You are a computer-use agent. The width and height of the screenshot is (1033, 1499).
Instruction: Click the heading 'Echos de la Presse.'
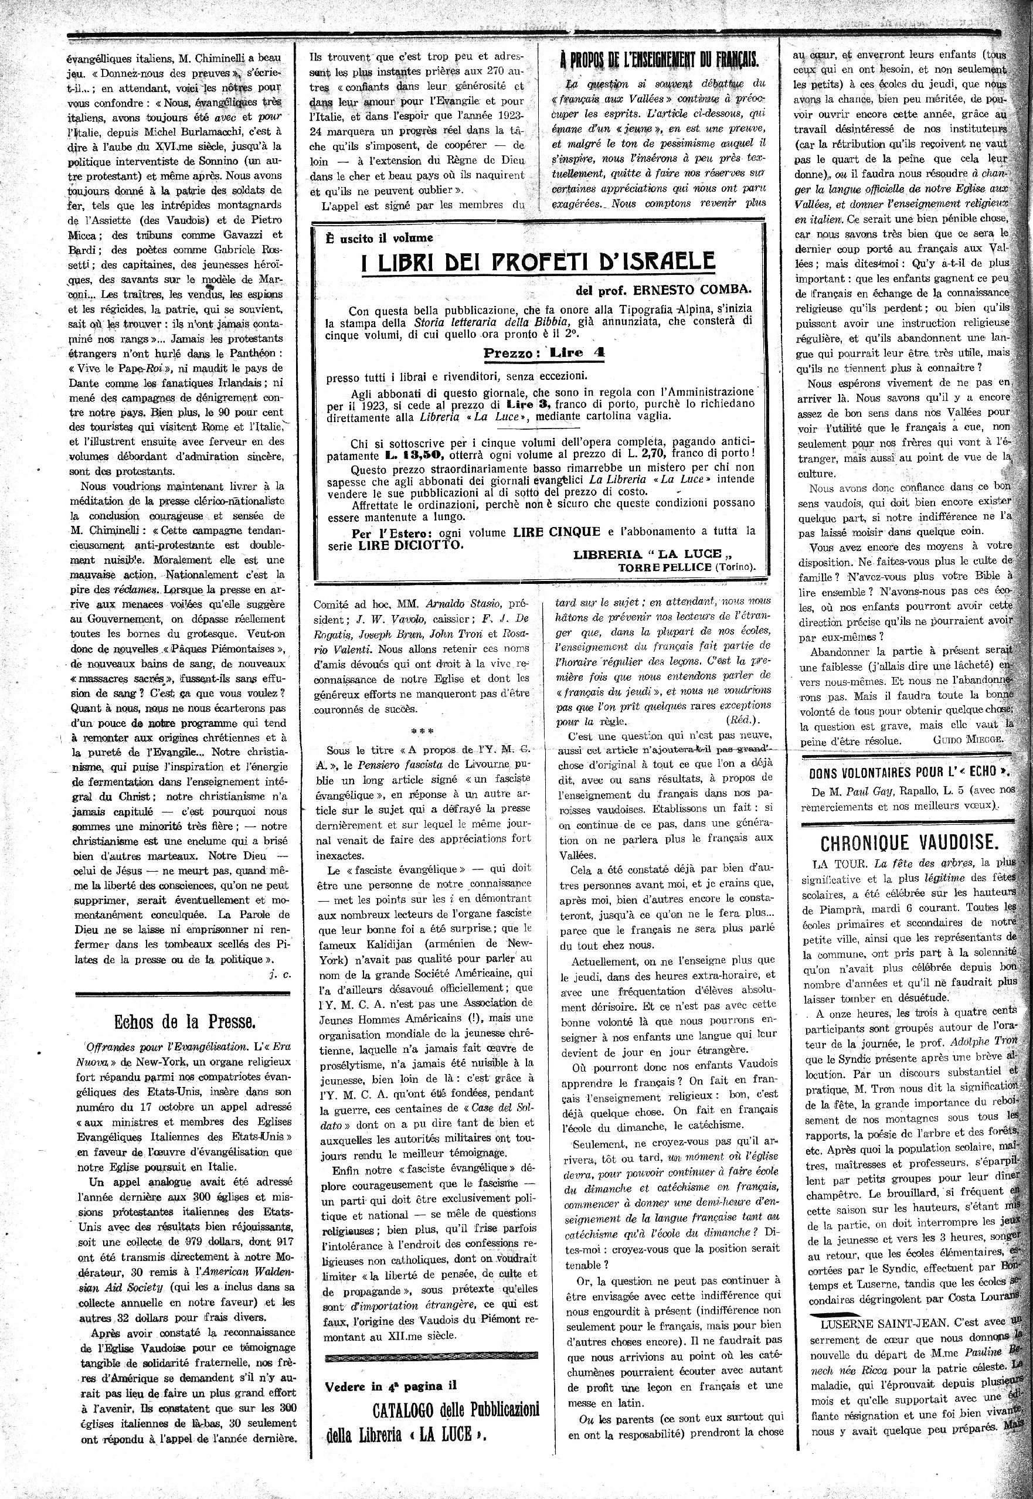tap(185, 1022)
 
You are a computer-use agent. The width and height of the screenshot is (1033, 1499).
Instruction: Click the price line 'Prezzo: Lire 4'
tap(543, 353)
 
